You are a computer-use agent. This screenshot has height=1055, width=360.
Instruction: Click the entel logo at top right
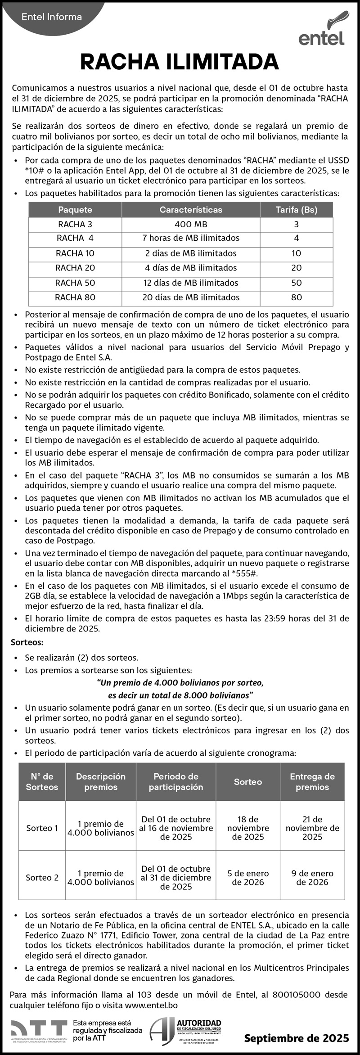coord(322,30)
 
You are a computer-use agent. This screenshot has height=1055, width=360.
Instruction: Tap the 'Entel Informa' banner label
coord(52,17)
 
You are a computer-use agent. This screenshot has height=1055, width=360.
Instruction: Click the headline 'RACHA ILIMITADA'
coord(180,62)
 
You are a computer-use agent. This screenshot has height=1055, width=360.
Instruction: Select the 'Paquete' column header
coord(75,210)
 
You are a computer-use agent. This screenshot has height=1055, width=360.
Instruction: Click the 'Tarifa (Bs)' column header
coord(296,210)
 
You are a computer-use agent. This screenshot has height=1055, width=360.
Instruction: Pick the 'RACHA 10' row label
coord(75,253)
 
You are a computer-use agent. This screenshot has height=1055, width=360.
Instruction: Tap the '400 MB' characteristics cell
coord(191,224)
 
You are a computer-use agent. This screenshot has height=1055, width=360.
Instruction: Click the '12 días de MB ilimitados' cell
coord(191,283)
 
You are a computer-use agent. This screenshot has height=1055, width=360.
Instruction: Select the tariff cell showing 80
coord(296,297)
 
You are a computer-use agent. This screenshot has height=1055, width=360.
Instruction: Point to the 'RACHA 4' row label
coord(75,238)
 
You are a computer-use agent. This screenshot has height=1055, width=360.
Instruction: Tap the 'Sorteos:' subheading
coord(27,641)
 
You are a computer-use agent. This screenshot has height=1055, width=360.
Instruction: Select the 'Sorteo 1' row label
coord(42,828)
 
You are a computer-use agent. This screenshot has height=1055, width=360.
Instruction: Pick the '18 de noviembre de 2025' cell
coord(248,828)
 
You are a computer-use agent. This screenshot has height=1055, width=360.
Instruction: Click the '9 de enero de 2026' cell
coord(312,878)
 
